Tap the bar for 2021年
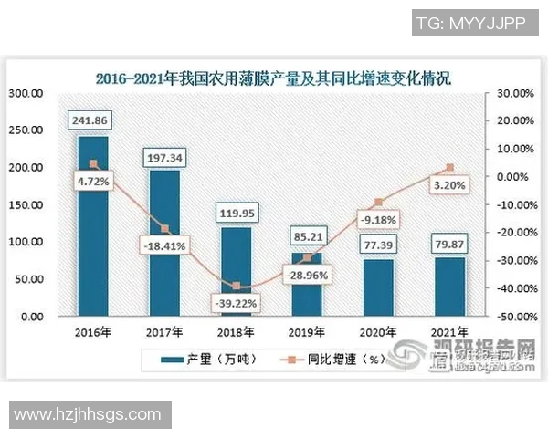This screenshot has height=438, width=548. pos(448,287)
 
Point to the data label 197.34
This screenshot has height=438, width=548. pos(164,158)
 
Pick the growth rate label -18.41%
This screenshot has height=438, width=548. pos(164,245)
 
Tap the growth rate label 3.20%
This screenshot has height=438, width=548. pos(448,185)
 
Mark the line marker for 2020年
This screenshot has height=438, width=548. pos(378,203)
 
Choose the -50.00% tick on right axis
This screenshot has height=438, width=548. pos(510,317)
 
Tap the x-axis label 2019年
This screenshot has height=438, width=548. pos(307,332)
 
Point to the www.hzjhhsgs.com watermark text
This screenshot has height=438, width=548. pos(88,415)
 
